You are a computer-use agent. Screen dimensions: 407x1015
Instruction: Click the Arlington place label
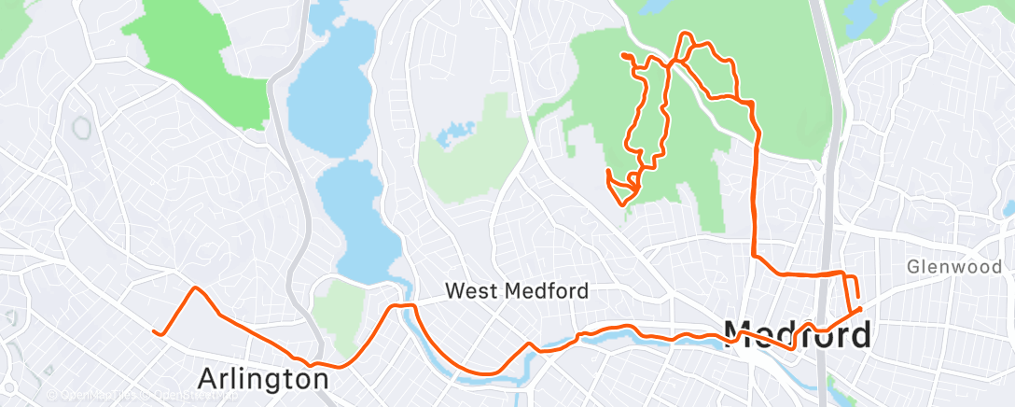click(x=263, y=379)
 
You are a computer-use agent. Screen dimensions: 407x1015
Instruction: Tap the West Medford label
click(x=516, y=291)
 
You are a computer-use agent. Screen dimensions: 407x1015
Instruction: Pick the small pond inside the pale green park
click(x=452, y=133)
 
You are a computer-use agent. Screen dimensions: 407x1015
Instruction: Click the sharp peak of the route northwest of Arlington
click(x=195, y=288)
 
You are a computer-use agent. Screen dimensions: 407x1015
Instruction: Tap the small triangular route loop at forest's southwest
click(x=619, y=188)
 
